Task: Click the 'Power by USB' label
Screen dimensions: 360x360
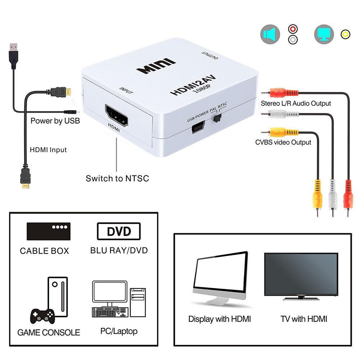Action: point(55,121)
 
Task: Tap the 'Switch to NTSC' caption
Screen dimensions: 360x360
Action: point(117,178)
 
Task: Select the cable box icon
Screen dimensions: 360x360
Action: point(48,231)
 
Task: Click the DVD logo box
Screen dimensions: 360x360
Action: point(119,231)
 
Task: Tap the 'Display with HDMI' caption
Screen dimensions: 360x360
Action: point(220,319)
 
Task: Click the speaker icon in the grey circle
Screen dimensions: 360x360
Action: point(270,35)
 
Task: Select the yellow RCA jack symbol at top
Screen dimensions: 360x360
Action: point(345,34)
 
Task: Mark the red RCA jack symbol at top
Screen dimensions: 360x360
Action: point(293,29)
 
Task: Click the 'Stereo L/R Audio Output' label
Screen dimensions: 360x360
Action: point(296,103)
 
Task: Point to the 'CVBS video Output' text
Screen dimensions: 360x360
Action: point(283,142)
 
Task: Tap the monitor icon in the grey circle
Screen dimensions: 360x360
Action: point(324,35)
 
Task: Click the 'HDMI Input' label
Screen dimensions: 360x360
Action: point(48,149)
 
